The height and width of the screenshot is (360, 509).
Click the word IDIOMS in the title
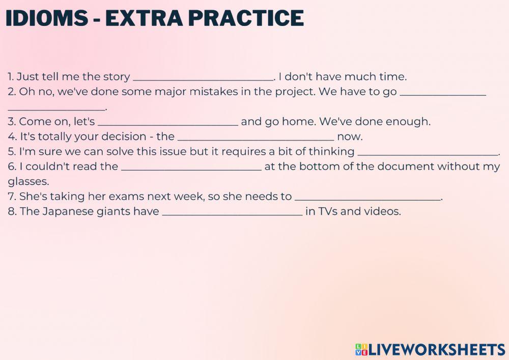coord(46,18)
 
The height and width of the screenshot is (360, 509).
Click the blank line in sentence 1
coord(203,77)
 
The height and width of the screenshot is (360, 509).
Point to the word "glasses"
coord(28,182)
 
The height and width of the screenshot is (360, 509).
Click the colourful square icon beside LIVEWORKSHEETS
coord(361,349)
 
